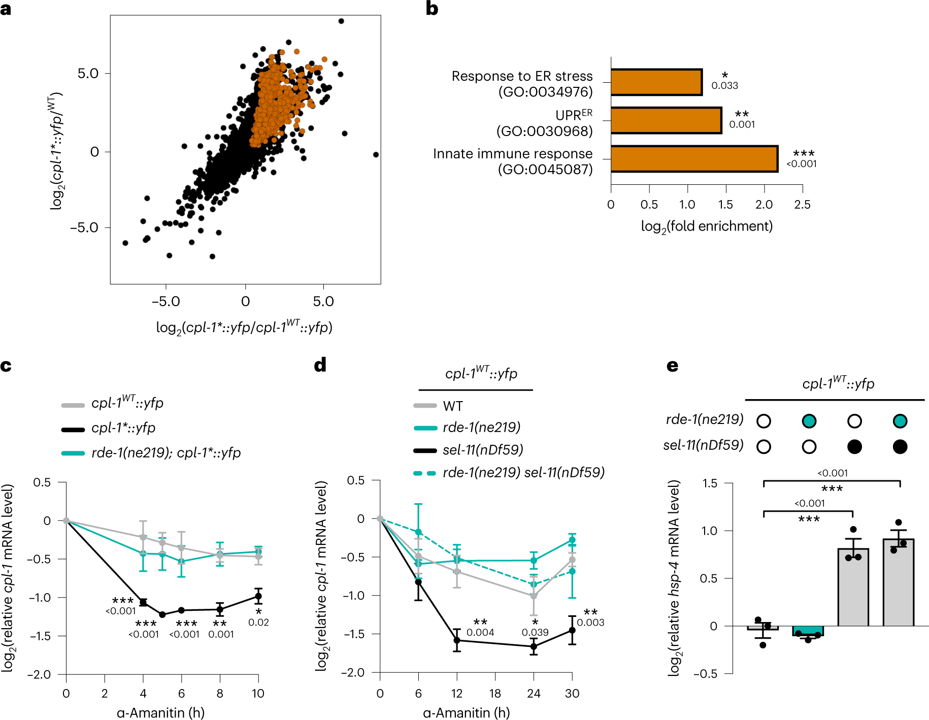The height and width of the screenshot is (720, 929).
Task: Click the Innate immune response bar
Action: point(694,159)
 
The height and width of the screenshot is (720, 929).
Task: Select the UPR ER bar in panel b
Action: point(666,120)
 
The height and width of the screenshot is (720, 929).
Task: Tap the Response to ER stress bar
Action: point(656,82)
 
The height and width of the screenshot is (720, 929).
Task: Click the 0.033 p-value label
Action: point(724,86)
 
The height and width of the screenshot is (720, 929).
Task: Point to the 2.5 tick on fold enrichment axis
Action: point(802,205)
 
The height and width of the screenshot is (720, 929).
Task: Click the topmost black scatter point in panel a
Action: point(341,21)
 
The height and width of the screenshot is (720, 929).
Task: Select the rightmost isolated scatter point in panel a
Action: point(376,154)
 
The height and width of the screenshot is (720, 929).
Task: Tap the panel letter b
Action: point(432,9)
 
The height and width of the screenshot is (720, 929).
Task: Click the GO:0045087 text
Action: point(545,170)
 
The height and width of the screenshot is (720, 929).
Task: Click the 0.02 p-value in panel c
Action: point(258,623)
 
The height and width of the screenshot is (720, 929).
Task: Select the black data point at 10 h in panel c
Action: point(258,596)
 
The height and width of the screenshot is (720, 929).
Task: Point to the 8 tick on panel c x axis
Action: point(220,694)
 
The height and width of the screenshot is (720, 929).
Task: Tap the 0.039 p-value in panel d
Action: point(535,633)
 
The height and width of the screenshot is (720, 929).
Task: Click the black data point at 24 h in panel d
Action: point(534,646)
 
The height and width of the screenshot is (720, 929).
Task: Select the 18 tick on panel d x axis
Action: point(495,694)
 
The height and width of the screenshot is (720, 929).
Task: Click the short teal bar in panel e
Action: point(808,631)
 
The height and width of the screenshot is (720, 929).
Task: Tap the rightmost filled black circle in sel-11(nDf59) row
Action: point(900,447)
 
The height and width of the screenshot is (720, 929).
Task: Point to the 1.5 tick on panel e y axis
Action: point(710,483)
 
